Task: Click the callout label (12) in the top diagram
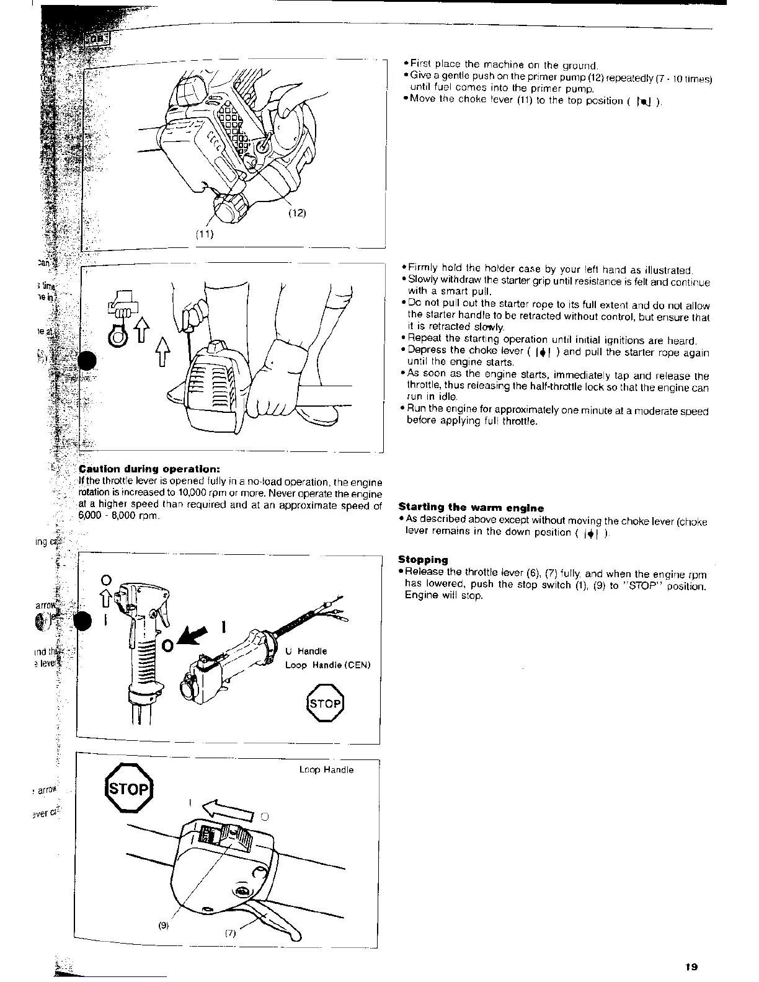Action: point(296,214)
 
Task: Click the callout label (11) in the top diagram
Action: point(205,234)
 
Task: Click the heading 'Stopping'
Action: point(423,559)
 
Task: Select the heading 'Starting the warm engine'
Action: point(471,508)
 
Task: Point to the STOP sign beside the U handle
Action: point(324,703)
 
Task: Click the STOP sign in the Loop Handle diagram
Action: point(129,790)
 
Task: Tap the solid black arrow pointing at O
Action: point(195,637)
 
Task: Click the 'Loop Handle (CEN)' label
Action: point(327,665)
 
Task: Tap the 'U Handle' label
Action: point(306,651)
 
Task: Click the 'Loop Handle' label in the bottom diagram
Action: point(326,769)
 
